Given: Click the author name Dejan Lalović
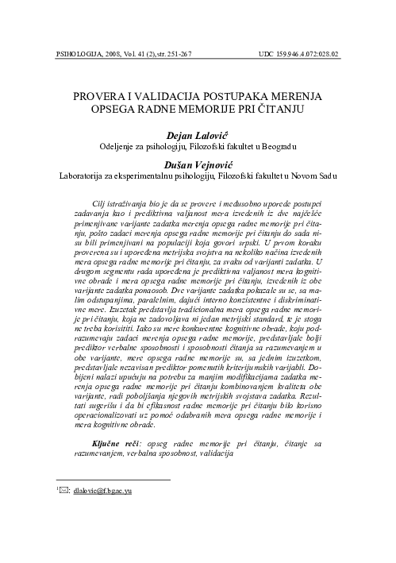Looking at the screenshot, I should point(198,135).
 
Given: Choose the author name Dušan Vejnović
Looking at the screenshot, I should point(198,162).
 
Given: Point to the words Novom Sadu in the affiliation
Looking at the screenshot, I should point(324,175).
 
